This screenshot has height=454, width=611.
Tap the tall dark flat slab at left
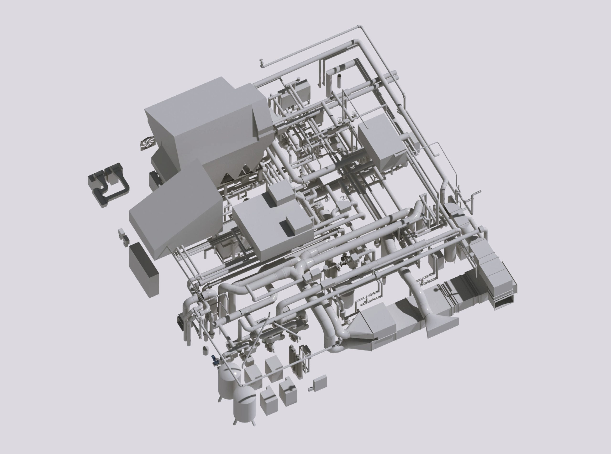point(144,266)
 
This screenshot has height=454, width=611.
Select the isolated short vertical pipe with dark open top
point(339,80)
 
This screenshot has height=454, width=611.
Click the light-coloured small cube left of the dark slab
point(121,233)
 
